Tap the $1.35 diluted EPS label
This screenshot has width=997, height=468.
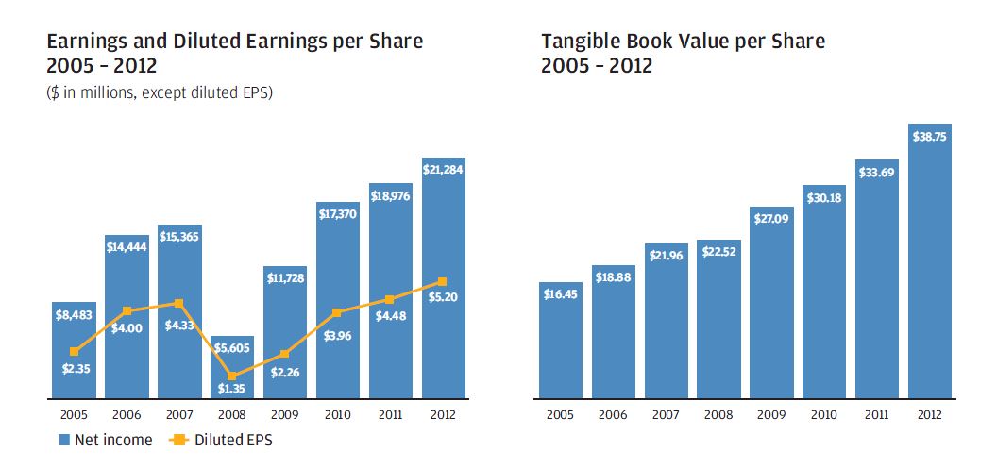pos(228,388)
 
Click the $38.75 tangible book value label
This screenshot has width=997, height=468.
pos(929,136)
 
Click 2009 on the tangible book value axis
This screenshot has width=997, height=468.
pos(770,415)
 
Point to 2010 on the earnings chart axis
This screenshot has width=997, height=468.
pos(335,415)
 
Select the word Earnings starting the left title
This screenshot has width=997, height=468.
pos(85,41)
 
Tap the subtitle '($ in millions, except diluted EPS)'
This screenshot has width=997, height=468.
pos(159,92)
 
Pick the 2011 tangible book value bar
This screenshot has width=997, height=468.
pos(876,283)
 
